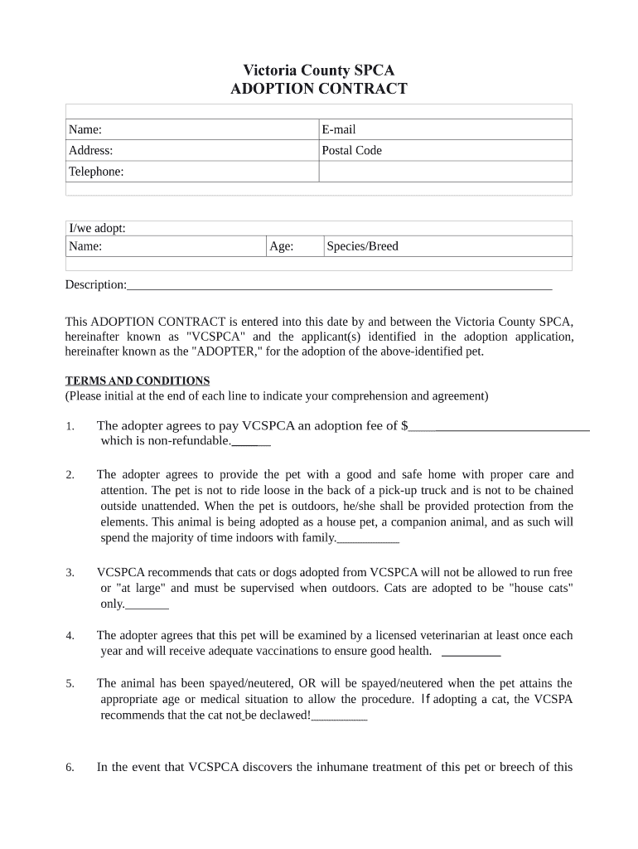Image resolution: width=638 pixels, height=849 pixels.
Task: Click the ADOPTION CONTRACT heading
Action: (318, 89)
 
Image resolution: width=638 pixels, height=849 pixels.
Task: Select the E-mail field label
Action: (338, 129)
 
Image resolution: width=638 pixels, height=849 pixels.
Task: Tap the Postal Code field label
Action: (351, 150)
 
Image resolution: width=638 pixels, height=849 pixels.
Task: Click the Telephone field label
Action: (95, 172)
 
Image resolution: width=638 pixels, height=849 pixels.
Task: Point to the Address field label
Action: (90, 150)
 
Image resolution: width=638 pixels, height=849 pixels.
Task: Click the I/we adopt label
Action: (96, 229)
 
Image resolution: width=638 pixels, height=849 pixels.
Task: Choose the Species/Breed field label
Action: (362, 246)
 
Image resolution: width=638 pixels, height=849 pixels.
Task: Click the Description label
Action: (95, 284)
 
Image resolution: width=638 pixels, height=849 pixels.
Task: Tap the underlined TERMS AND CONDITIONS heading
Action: (138, 381)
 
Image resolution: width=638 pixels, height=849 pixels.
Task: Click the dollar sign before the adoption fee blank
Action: (404, 426)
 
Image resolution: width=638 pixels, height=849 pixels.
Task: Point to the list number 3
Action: (70, 573)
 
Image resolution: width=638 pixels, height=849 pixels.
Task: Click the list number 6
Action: (70, 768)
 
